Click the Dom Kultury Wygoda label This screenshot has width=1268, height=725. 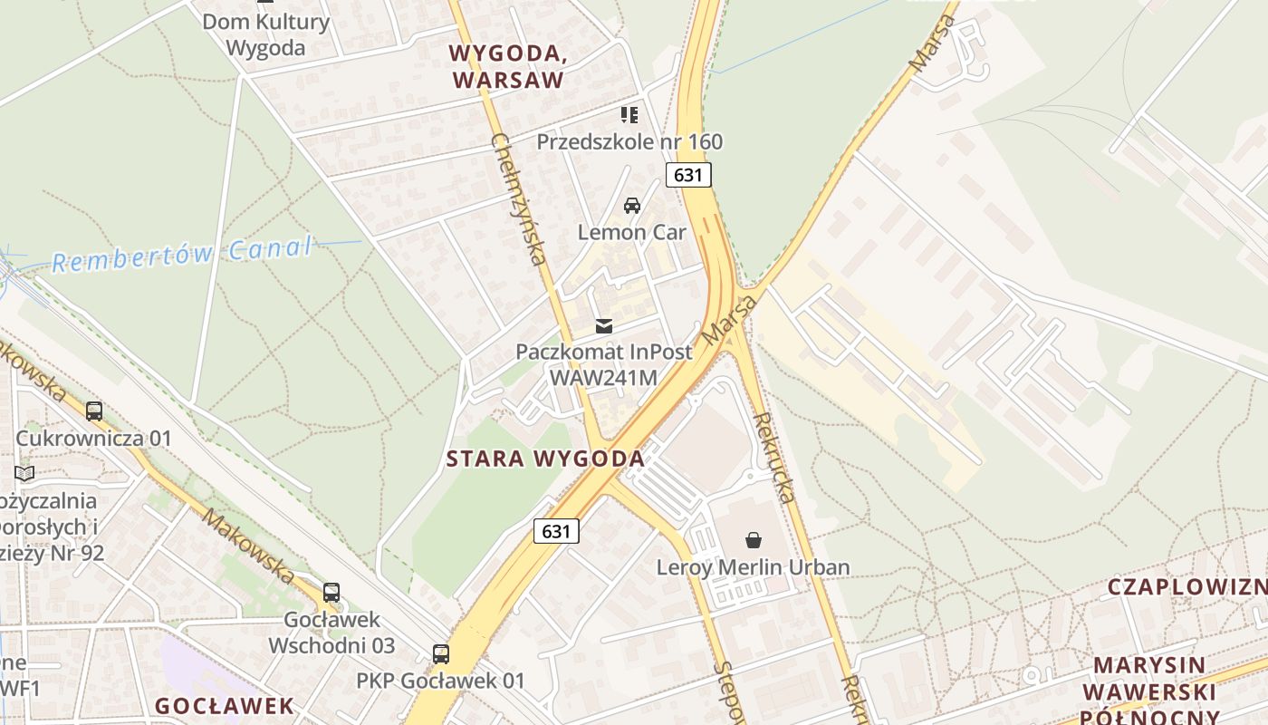pos(265,34)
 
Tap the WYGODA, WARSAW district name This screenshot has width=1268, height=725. pos(508,66)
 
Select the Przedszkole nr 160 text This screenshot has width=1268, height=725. pos(629,141)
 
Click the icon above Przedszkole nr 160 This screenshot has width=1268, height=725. pos(629,115)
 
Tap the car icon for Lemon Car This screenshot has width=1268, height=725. pos(632,206)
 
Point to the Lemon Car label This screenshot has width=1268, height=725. pos(632,232)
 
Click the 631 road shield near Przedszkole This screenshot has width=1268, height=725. pos(688,175)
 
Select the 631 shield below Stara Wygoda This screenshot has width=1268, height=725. pos(556,531)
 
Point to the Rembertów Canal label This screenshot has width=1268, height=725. pos(182,255)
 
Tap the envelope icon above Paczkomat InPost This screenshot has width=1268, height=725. pos(604,326)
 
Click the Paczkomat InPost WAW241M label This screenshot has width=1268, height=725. pos(603,364)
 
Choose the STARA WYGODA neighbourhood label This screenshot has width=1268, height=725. pos(545,459)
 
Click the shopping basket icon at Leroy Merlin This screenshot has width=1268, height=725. pos(754,541)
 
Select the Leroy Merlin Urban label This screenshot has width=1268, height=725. pos(754,568)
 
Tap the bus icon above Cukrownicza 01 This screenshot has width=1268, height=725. pos(94,411)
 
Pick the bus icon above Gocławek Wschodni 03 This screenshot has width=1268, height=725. pos(331,593)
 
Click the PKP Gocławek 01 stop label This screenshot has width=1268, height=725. pos(440,681)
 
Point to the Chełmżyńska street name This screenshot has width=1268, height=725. pos(519,199)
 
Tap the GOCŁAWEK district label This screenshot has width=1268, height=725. pos(225,706)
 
